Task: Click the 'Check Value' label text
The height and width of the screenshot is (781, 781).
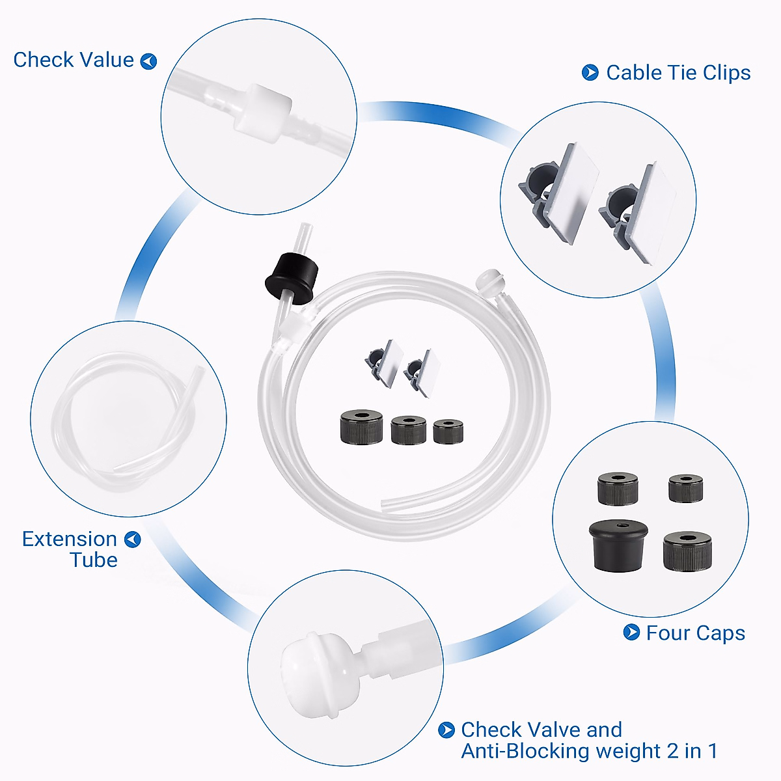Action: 74,60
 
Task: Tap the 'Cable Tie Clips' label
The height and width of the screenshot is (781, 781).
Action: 678,72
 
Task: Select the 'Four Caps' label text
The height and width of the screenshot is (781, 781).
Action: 695,633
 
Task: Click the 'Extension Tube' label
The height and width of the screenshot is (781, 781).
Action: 70,549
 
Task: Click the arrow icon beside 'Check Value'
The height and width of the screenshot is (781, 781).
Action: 149,61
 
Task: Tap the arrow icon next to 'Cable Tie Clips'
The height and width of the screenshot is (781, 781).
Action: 590,72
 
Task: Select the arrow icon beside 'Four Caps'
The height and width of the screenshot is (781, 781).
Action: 631,632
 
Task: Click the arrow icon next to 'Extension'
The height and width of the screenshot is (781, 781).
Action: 133,540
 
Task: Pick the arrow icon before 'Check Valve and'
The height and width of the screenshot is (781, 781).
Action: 446,730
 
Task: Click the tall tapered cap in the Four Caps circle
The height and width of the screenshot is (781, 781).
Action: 618,543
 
